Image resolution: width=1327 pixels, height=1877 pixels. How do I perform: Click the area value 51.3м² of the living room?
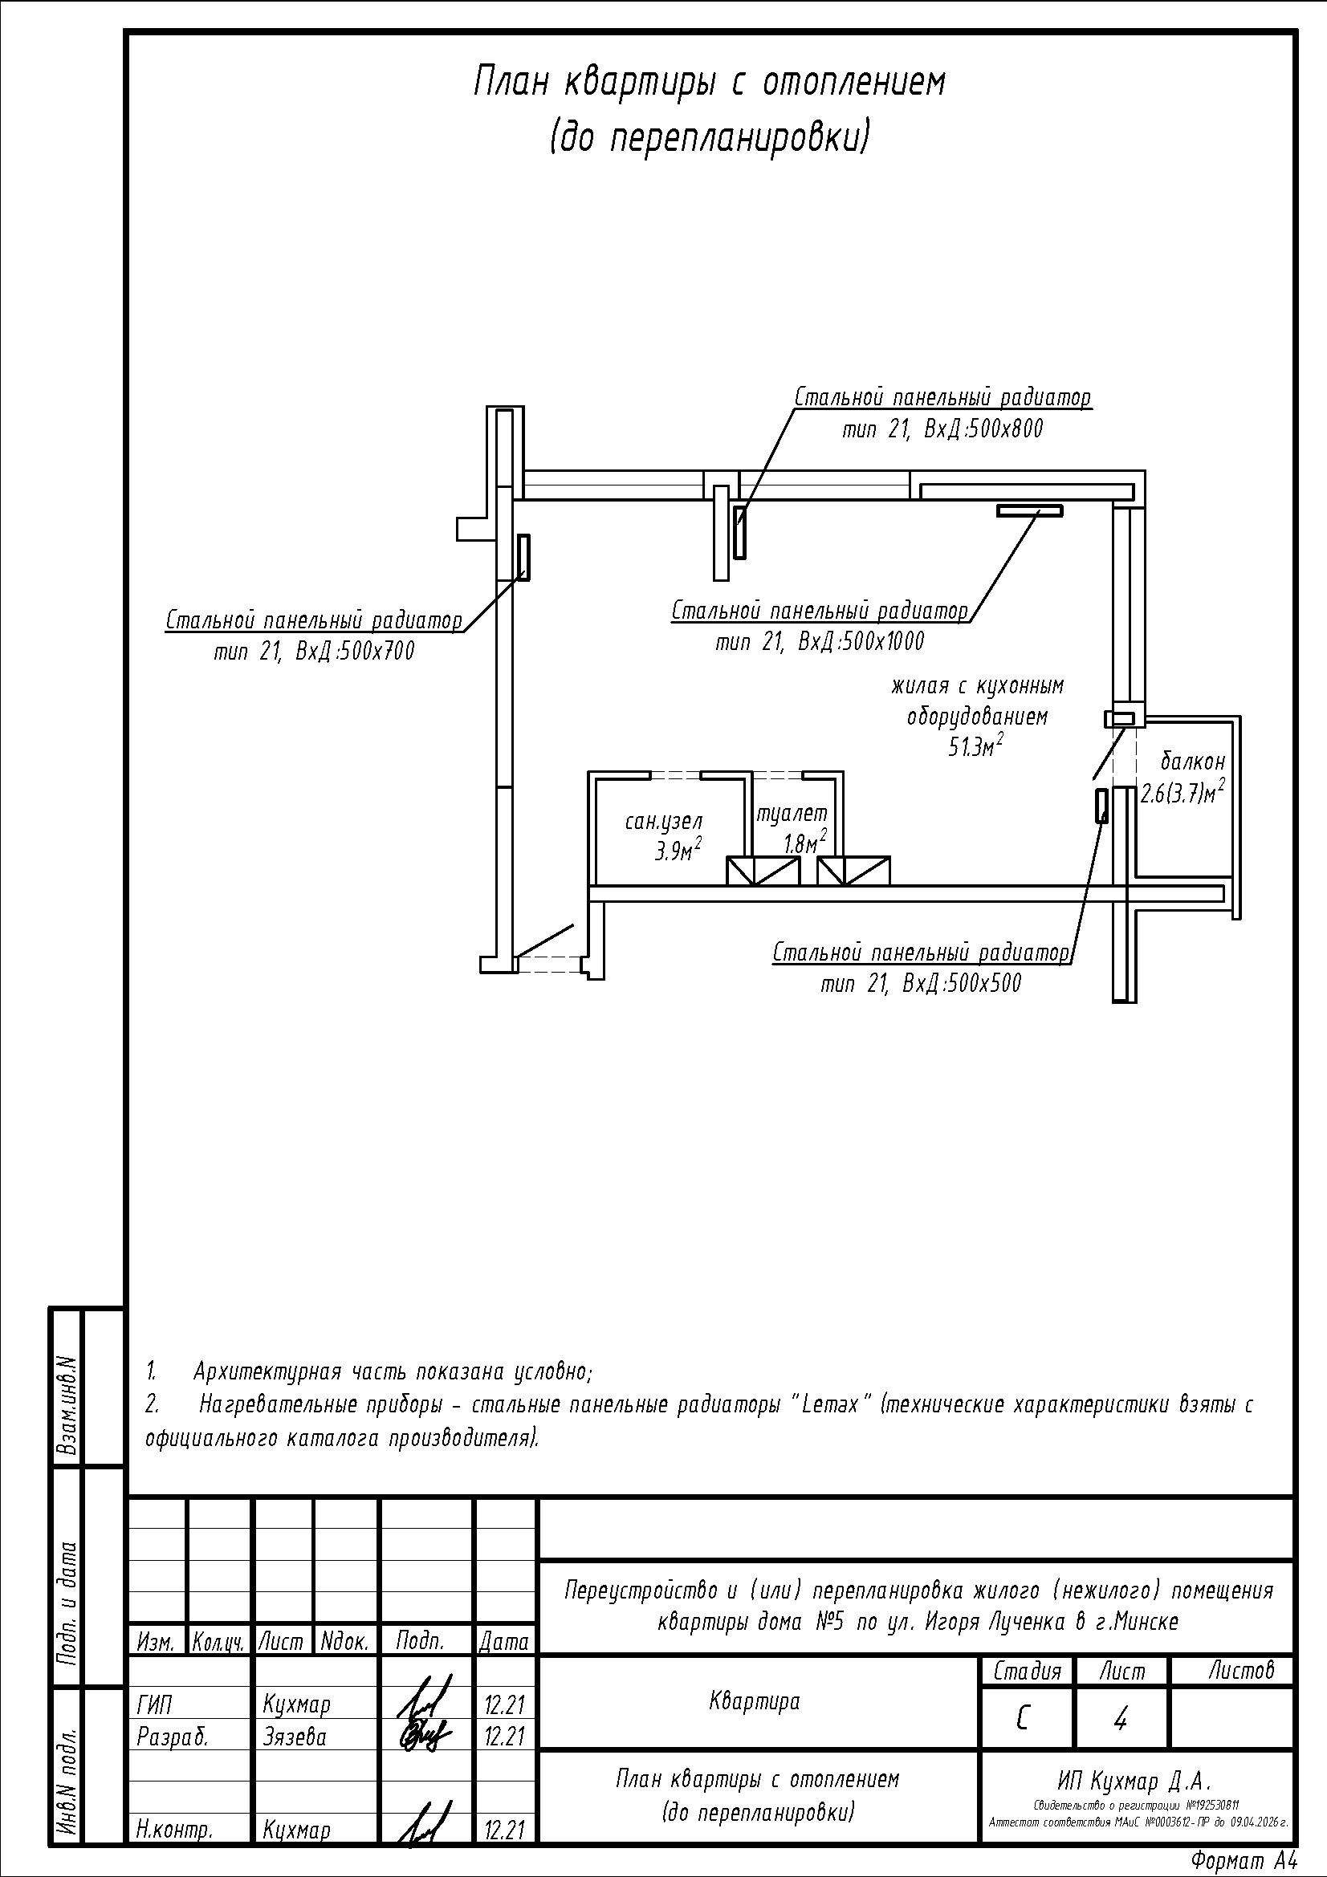tap(975, 747)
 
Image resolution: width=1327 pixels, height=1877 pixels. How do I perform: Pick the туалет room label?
tap(792, 814)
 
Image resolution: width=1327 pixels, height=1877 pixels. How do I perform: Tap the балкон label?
tap(1193, 762)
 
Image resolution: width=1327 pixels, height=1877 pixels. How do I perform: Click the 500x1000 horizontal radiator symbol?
tap(1029, 511)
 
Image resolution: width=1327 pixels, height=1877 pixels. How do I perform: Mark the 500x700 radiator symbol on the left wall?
tap(524, 558)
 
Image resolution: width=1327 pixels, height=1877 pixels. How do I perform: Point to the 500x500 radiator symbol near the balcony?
tap(1102, 806)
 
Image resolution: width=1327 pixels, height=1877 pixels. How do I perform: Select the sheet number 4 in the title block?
tap(1120, 1721)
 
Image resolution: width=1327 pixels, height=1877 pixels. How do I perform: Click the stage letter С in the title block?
tap(1023, 1721)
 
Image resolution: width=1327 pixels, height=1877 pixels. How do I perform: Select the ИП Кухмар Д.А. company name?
tap(1134, 1782)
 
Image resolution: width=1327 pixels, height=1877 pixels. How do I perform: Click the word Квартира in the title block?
tap(755, 1702)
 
